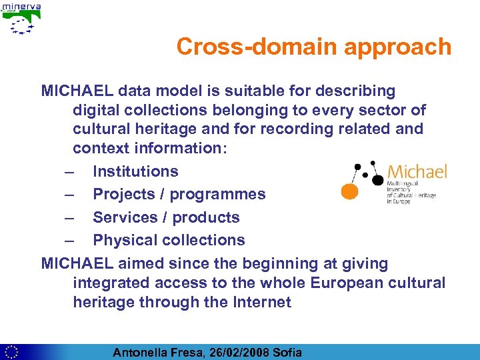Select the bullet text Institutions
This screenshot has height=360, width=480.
pyautogui.click(x=135, y=171)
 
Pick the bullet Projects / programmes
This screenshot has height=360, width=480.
pyautogui.click(x=179, y=194)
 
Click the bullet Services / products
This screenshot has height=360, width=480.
pyautogui.click(x=166, y=217)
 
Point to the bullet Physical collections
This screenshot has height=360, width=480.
pyautogui.click(x=169, y=240)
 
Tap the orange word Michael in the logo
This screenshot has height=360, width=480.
pyautogui.click(x=417, y=171)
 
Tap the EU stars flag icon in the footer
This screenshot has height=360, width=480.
pyautogui.click(x=11, y=351)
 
